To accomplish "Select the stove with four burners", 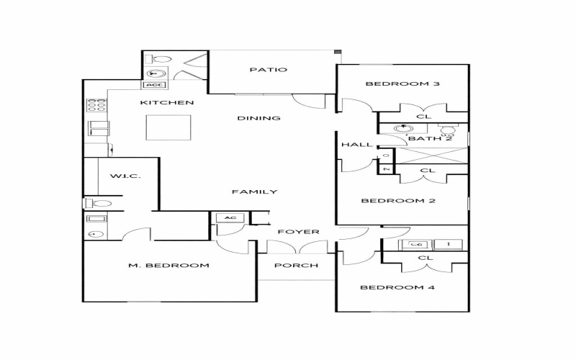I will pyautogui.click(x=96, y=105).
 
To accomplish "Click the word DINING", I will pyautogui.click(x=258, y=118).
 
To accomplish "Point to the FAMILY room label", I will pyautogui.click(x=254, y=192).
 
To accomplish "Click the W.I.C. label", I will pyautogui.click(x=125, y=176).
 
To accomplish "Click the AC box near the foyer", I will pyautogui.click(x=230, y=217).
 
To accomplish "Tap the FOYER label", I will pyautogui.click(x=298, y=232).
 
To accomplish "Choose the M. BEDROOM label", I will pyautogui.click(x=168, y=266).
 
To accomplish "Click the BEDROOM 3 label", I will pyautogui.click(x=402, y=84).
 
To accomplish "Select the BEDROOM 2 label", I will pyautogui.click(x=397, y=201).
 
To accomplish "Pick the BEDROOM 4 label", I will pyautogui.click(x=397, y=287).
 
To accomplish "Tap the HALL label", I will pyautogui.click(x=357, y=145).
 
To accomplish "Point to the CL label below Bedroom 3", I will pyautogui.click(x=424, y=116).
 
